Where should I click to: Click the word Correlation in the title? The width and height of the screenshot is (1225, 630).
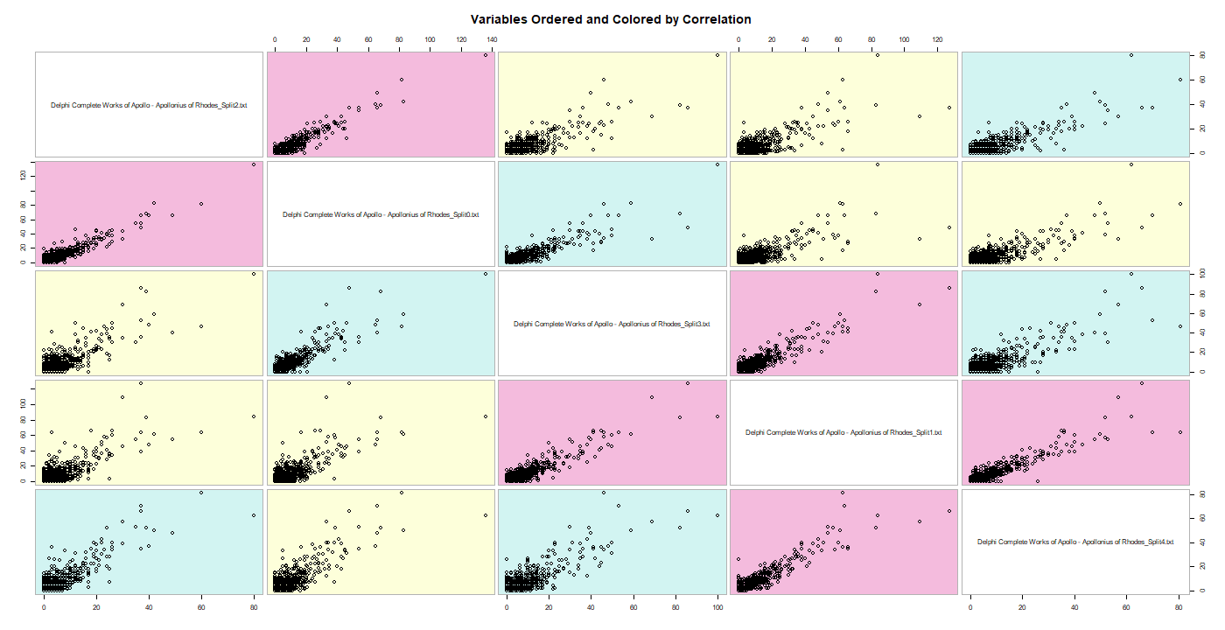click(x=714, y=19)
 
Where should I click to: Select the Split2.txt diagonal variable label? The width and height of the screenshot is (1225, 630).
click(x=149, y=105)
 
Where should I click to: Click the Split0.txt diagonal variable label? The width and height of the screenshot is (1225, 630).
click(x=381, y=214)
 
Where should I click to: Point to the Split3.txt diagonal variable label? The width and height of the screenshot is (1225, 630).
click(x=612, y=324)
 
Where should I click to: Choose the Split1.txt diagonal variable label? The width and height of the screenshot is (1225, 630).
click(x=843, y=432)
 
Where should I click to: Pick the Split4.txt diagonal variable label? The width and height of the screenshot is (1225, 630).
click(x=1075, y=542)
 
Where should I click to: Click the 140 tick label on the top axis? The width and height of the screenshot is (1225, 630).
click(x=492, y=39)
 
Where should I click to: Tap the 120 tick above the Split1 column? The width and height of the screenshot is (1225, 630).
click(x=937, y=39)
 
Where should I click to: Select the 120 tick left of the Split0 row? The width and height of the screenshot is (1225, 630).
click(x=22, y=175)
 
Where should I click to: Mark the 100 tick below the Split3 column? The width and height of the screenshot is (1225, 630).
click(x=717, y=606)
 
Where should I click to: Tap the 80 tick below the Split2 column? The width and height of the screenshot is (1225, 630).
click(x=254, y=606)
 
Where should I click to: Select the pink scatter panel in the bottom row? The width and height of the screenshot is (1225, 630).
click(x=843, y=542)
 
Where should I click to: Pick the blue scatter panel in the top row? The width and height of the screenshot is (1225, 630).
click(x=1075, y=105)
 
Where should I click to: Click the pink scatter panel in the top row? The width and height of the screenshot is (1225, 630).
click(x=381, y=105)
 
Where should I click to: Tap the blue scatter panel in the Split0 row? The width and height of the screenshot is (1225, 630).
click(x=612, y=214)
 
